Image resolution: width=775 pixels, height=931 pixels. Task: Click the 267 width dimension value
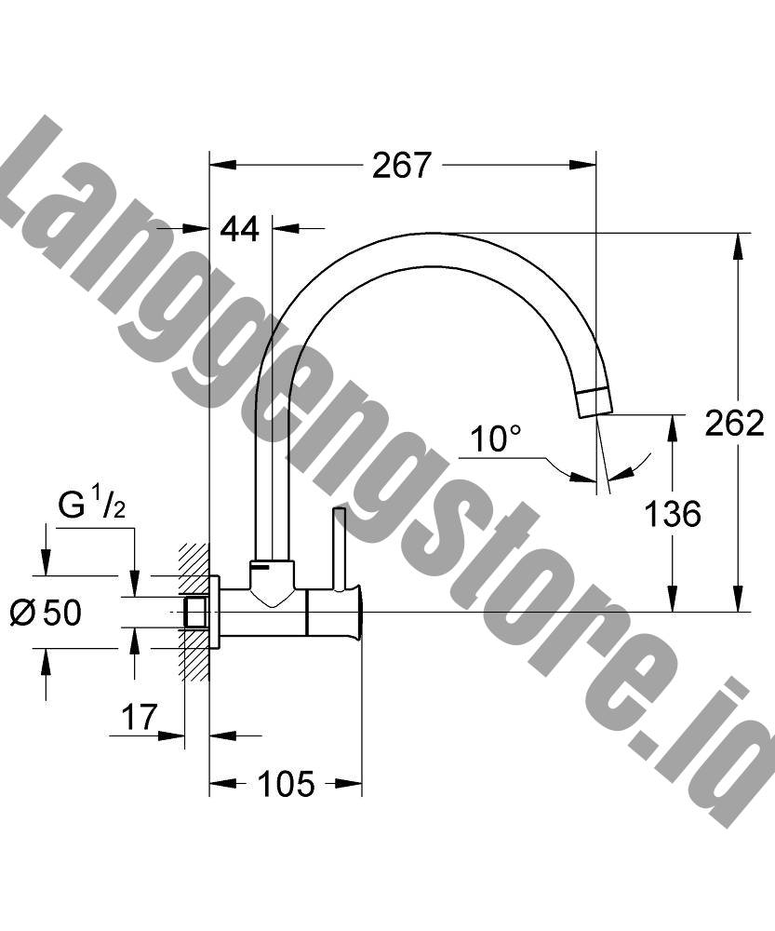(x=402, y=165)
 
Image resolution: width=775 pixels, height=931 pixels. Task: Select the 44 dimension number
(x=240, y=229)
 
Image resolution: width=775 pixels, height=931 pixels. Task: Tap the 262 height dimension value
(x=735, y=423)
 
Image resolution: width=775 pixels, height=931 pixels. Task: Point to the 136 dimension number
(x=673, y=514)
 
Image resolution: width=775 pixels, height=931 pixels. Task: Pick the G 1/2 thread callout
(x=92, y=506)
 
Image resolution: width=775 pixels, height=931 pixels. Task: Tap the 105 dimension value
(x=286, y=784)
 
